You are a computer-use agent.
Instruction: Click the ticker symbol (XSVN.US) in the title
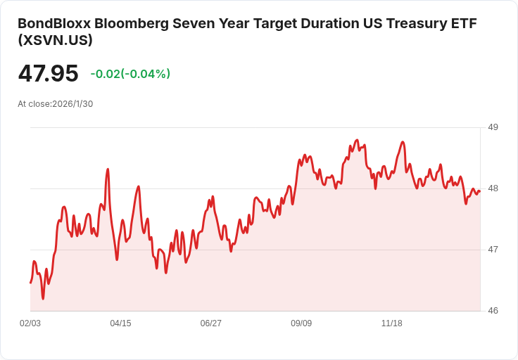tap(55, 41)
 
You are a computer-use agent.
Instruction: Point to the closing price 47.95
tap(48, 74)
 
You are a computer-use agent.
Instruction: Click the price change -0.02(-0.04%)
tap(130, 74)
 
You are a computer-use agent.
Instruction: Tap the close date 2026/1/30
tap(72, 104)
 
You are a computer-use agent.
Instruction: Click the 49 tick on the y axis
tap(493, 127)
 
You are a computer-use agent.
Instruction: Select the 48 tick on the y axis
tap(493, 188)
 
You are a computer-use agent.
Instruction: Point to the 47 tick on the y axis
tap(493, 250)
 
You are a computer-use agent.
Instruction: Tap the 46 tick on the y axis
tap(493, 311)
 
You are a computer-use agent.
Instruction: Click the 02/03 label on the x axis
tap(30, 323)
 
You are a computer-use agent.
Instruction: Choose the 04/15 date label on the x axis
tap(120, 323)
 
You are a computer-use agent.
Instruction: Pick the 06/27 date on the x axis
tap(210, 323)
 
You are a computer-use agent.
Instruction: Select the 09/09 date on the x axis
tap(301, 323)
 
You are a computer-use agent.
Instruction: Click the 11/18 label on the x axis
tap(391, 323)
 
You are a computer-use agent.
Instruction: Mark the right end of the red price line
tap(479, 191)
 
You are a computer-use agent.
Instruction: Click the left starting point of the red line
tap(30, 283)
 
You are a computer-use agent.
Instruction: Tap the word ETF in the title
tap(462, 23)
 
